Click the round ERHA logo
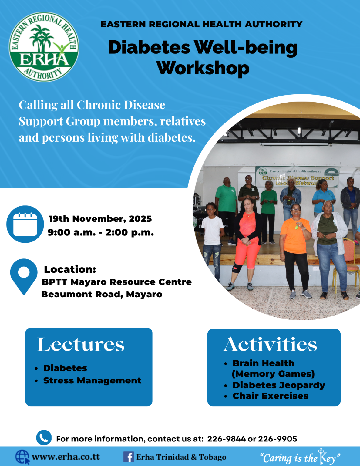pos(44,47)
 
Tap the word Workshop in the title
pos(203,68)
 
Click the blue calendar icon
pos(25,224)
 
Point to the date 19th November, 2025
pos(100,219)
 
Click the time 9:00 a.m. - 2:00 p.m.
pos(101,232)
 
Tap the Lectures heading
pos(81,345)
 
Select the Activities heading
pos(270,345)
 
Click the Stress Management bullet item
pos(92,380)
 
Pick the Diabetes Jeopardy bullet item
pos(279,385)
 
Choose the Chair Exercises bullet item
pos(270,396)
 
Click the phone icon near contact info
pos(44,437)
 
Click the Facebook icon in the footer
pos(128,457)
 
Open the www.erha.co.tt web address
pos(66,457)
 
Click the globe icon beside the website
pos(22,457)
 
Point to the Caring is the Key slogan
pos(300,458)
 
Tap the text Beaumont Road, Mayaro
pos(102,294)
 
